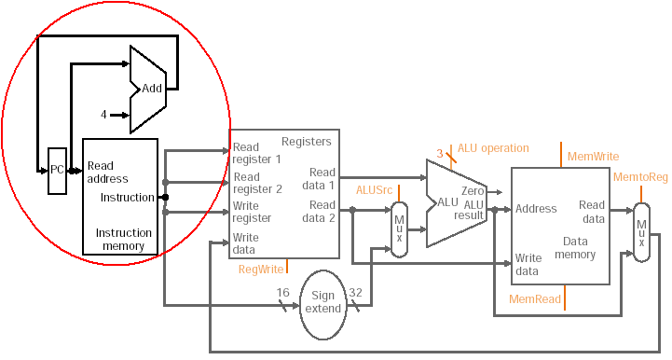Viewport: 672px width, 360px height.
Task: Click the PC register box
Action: [x=57, y=171]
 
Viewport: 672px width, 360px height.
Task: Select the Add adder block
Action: [x=148, y=90]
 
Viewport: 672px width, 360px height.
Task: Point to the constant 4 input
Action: [x=103, y=115]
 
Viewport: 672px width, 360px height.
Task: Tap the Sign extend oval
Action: [x=322, y=305]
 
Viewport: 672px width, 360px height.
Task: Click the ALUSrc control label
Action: [x=374, y=190]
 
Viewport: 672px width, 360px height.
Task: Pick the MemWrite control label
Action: [x=593, y=156]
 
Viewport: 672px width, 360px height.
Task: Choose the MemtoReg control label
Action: [x=640, y=177]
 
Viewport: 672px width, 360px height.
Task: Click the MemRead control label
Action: [x=535, y=298]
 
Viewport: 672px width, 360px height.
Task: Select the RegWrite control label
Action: [x=261, y=269]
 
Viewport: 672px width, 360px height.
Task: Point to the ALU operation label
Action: [x=493, y=148]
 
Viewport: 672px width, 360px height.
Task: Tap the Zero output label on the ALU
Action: [x=473, y=190]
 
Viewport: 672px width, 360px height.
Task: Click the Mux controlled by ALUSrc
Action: [x=400, y=229]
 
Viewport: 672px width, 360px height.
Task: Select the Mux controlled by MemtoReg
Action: [x=641, y=232]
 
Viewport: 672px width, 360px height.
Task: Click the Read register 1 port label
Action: [x=256, y=153]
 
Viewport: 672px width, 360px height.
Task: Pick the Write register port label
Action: [x=252, y=212]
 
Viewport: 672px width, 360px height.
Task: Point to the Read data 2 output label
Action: [x=319, y=211]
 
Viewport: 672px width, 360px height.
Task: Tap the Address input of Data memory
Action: [x=536, y=209]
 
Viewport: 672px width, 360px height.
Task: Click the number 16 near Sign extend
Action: [x=282, y=293]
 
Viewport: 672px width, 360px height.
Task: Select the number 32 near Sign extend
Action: [x=355, y=293]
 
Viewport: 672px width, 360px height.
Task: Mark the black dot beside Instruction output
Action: [x=165, y=198]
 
